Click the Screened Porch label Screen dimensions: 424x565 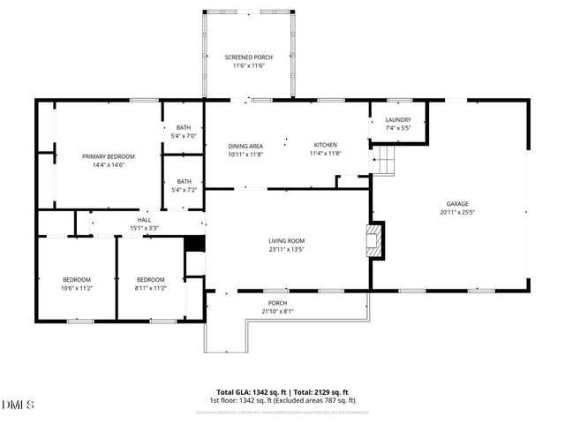pyautogui.click(x=247, y=57)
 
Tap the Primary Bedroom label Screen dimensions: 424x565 pyautogui.click(x=103, y=156)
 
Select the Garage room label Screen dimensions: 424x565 pyautogui.click(x=456, y=203)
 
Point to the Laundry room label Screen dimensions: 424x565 pyautogui.click(x=398, y=120)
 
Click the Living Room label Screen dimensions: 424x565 pyautogui.click(x=286, y=240)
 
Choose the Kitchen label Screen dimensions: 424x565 pyautogui.click(x=325, y=145)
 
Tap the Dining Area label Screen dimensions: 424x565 pyautogui.click(x=245, y=146)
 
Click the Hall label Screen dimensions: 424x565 pyautogui.click(x=144, y=220)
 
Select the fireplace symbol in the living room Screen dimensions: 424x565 pyautogui.click(x=375, y=240)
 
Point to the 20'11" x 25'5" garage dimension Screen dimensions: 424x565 pyautogui.click(x=456, y=212)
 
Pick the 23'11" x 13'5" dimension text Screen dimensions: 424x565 pyautogui.click(x=286, y=249)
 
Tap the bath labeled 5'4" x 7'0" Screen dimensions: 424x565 pyautogui.click(x=184, y=132)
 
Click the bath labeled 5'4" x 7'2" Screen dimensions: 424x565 pyautogui.click(x=184, y=185)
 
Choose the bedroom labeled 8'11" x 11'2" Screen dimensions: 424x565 pyautogui.click(x=151, y=284)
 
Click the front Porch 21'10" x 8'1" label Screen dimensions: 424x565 pyautogui.click(x=277, y=307)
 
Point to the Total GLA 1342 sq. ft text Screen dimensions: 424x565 pyautogui.click(x=249, y=392)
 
